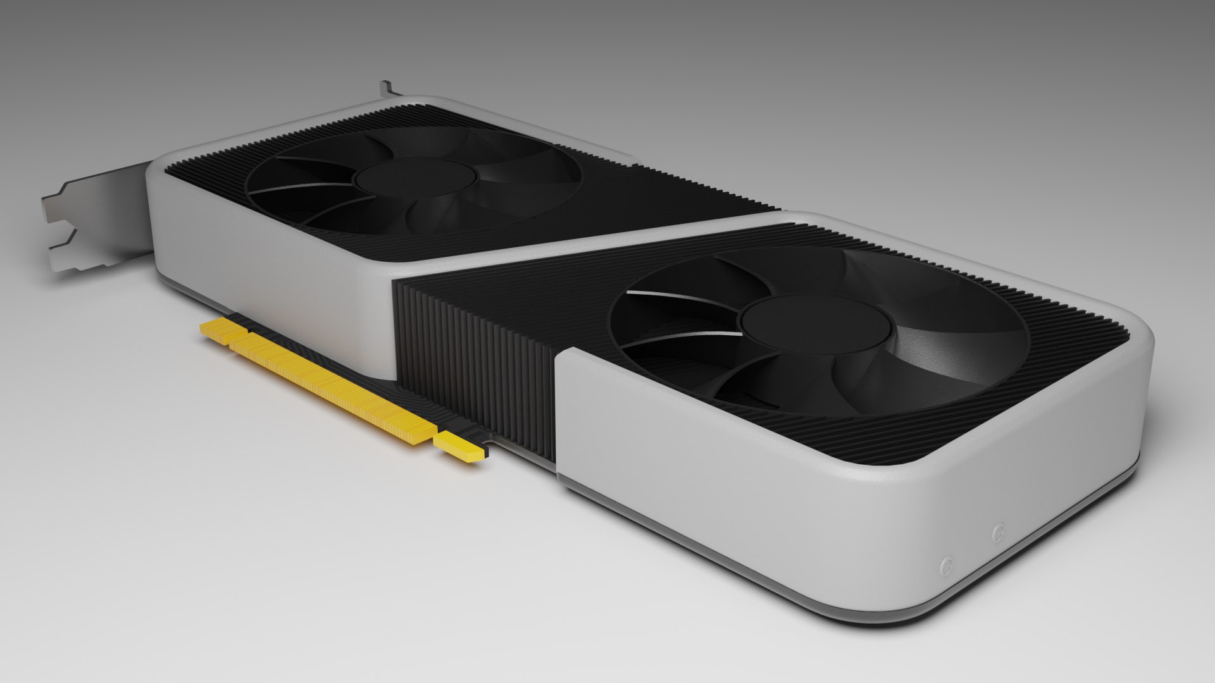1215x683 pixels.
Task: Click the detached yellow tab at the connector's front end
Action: click(x=460, y=445)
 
